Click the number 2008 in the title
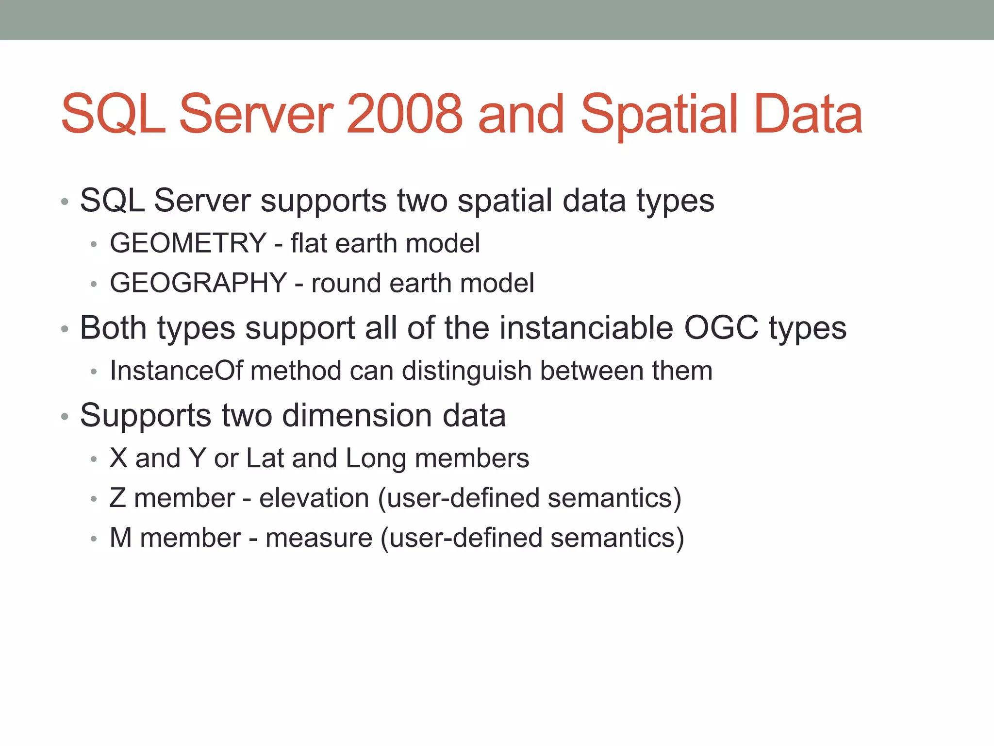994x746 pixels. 405,115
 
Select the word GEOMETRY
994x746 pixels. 188,243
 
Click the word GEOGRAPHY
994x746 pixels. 199,283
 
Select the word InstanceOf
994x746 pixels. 176,371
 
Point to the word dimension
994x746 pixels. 357,415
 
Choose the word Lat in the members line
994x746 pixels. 265,458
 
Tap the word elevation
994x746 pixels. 314,498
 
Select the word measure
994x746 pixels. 319,538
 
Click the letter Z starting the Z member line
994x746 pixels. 118,498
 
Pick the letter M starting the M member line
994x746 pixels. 121,538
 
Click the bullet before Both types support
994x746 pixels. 65,329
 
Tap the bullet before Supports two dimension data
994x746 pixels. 65,417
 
